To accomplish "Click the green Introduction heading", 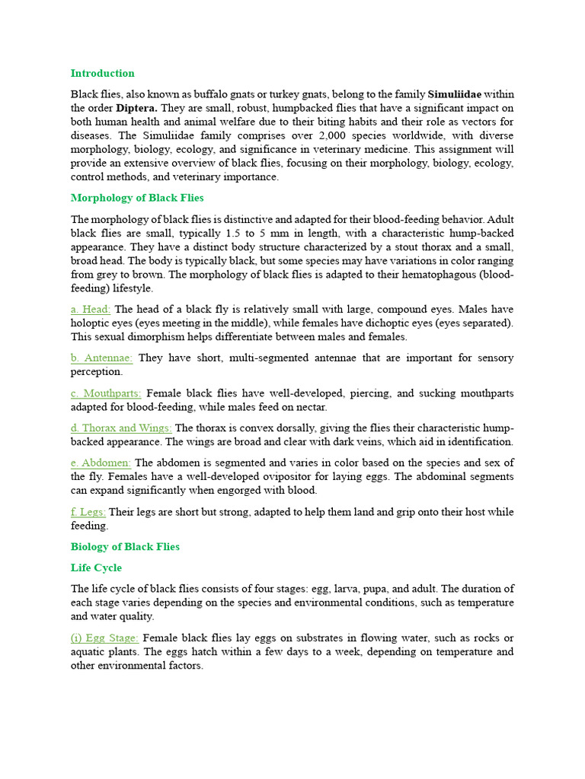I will point(102,73).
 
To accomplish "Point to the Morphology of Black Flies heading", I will point(137,198).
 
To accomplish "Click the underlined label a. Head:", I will point(91,309).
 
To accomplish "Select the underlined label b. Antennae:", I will point(102,358).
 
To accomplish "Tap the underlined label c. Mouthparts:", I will point(106,393).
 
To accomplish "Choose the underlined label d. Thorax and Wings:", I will point(121,428).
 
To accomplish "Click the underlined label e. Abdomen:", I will point(101,463).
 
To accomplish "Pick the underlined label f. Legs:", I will point(88,512).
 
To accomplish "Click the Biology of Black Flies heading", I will point(125,546).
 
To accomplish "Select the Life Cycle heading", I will point(96,568).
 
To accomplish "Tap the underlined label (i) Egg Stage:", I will point(104,638).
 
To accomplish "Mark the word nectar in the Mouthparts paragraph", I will point(312,407).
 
